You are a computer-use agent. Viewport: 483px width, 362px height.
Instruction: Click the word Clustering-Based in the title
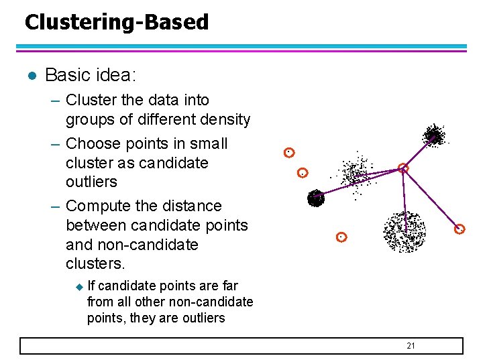[x=117, y=22]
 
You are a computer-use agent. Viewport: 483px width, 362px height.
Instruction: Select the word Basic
[x=66, y=75]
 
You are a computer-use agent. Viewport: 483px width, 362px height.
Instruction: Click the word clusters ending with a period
[x=96, y=263]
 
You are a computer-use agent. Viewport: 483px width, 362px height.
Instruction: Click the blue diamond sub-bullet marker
[x=78, y=287]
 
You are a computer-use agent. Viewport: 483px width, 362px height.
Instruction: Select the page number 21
[x=411, y=345]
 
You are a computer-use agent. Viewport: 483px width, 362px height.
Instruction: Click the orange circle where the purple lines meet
[x=403, y=168]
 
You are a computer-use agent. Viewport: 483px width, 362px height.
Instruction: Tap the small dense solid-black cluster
[x=315, y=198]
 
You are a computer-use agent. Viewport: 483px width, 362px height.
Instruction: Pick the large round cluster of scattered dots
[x=404, y=231]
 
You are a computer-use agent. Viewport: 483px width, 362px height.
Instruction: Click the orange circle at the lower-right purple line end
[x=460, y=229]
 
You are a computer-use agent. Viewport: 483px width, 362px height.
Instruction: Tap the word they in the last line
[x=143, y=318]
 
